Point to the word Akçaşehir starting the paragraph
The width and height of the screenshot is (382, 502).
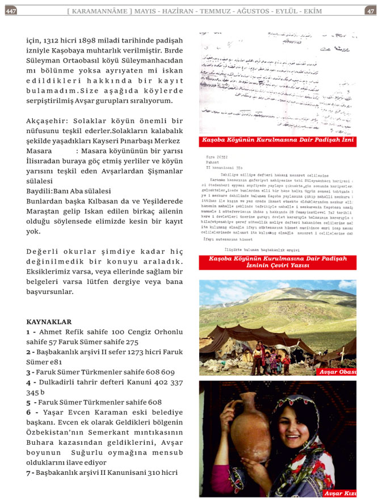(x=46, y=121)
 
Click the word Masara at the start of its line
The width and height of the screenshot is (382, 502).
(x=39, y=151)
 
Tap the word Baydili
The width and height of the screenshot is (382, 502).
(x=39, y=192)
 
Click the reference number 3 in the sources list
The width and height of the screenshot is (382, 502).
(x=29, y=372)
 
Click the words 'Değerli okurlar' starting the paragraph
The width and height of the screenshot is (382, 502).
(x=60, y=252)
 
